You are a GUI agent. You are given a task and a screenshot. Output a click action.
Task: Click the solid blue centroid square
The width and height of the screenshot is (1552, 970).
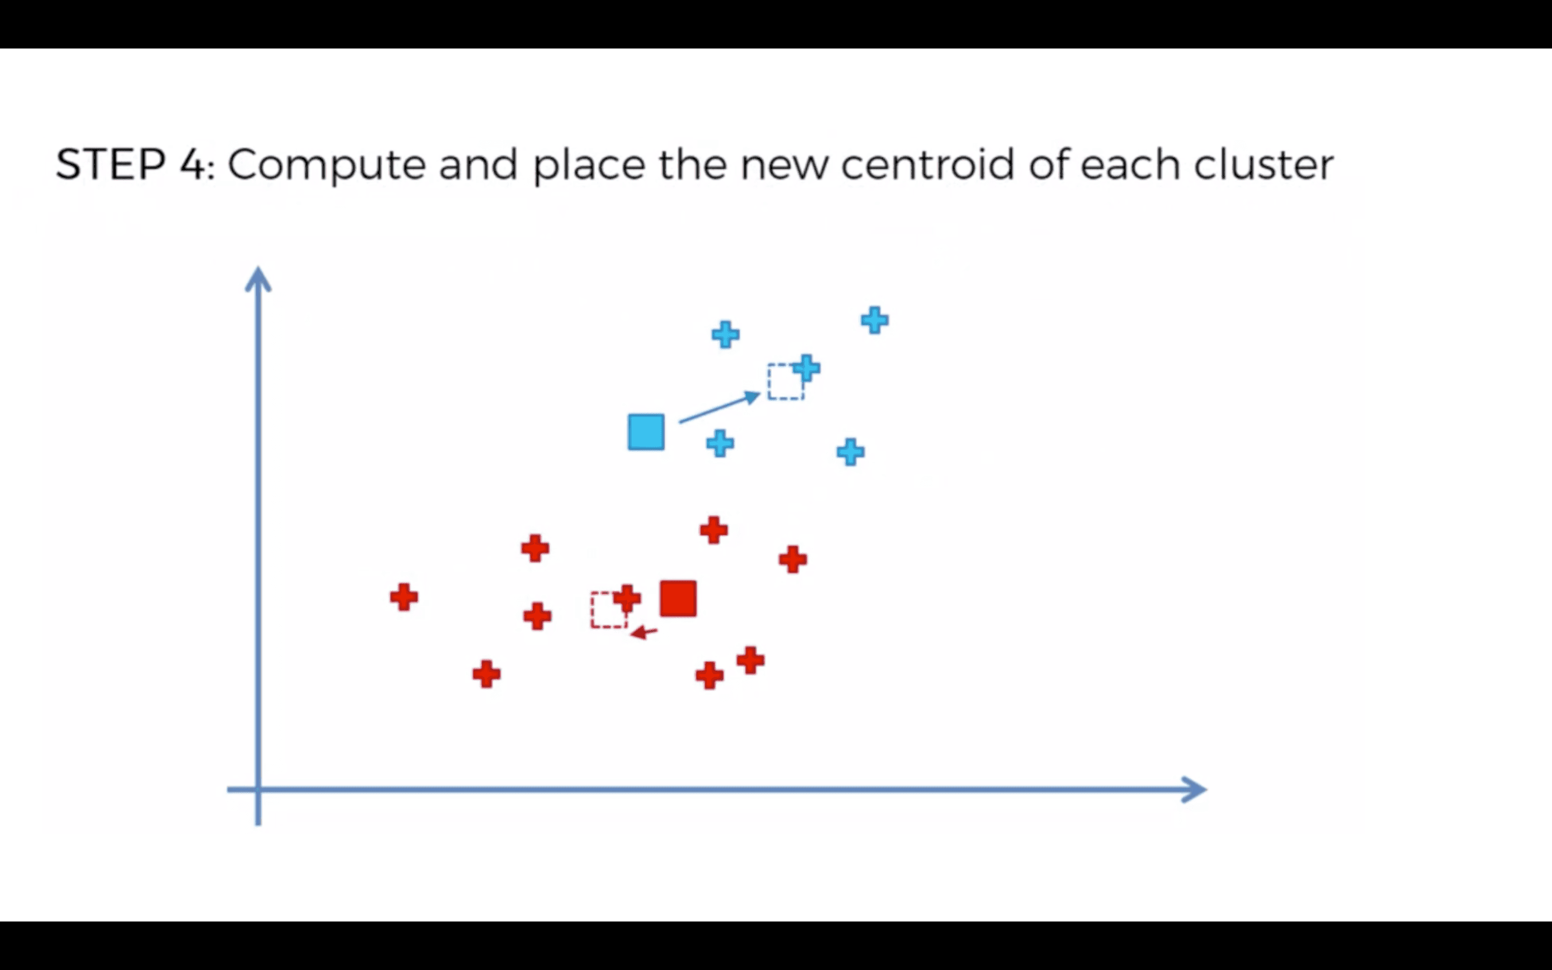pyautogui.click(x=646, y=432)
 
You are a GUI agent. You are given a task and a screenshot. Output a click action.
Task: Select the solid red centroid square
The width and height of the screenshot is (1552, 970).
pyautogui.click(x=678, y=599)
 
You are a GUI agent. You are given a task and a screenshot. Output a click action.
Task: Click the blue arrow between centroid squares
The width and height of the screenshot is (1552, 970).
pyautogui.click(x=719, y=408)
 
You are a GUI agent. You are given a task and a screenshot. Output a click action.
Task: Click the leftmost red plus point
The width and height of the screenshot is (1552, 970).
pyautogui.click(x=404, y=597)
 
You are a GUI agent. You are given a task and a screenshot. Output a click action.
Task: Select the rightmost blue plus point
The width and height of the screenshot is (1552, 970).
pyautogui.click(x=875, y=320)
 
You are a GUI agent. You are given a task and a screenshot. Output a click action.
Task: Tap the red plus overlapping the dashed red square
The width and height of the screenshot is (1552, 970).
pyautogui.click(x=627, y=599)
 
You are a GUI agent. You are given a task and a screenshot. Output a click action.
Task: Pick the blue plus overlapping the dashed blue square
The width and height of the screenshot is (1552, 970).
pyautogui.click(x=806, y=368)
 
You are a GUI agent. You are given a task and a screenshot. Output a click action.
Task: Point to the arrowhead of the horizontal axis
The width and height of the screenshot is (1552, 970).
pyautogui.click(x=1194, y=789)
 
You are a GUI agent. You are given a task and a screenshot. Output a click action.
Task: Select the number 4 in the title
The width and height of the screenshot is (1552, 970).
pyautogui.click(x=192, y=165)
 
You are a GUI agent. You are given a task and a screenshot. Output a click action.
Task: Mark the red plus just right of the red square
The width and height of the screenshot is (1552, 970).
pyautogui.click(x=793, y=559)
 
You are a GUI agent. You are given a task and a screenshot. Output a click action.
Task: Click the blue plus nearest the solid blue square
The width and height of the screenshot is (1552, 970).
pyautogui.click(x=720, y=444)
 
